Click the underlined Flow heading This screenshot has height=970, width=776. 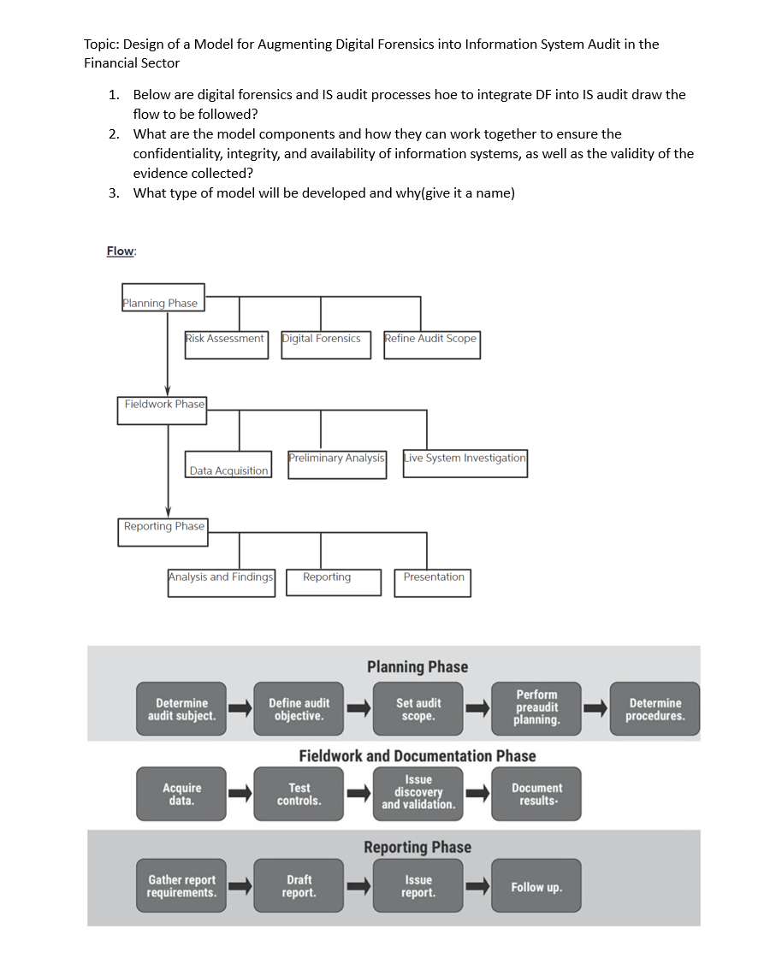(x=121, y=251)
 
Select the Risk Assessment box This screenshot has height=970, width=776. (x=226, y=345)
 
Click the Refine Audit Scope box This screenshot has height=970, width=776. (x=431, y=345)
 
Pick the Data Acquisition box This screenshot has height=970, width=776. (x=228, y=465)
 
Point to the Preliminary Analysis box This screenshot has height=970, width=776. (x=336, y=464)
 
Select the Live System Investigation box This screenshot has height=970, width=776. (x=465, y=464)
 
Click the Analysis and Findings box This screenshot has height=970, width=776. (x=221, y=583)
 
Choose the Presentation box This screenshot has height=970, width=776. (x=432, y=583)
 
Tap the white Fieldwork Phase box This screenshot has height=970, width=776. (x=163, y=410)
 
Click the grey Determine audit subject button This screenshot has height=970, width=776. (x=181, y=709)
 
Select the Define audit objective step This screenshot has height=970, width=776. (x=299, y=709)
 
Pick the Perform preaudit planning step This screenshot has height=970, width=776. (x=536, y=708)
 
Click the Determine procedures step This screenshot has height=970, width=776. (x=655, y=709)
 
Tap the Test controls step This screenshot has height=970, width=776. (x=299, y=794)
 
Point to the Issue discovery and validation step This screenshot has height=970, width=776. (x=418, y=792)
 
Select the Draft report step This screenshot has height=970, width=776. (x=299, y=886)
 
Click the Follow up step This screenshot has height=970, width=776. (x=536, y=887)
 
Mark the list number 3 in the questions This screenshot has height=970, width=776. (x=113, y=192)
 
